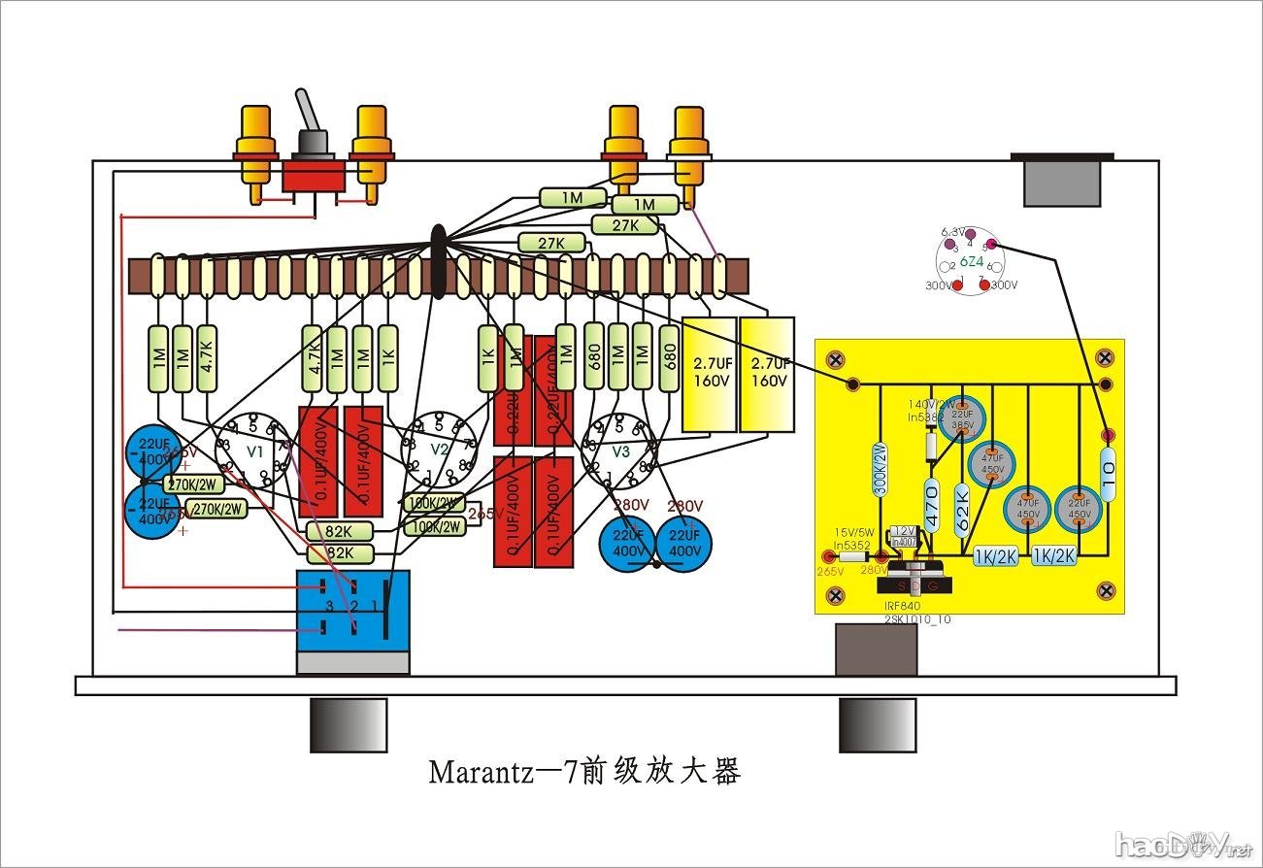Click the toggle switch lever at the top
(308, 111)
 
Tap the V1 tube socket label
(255, 452)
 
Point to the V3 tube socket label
(620, 452)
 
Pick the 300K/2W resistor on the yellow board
(880, 470)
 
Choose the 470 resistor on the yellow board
(932, 505)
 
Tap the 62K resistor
(962, 507)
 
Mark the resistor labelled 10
(1108, 478)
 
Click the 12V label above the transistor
(905, 531)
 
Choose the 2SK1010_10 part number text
(917, 618)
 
